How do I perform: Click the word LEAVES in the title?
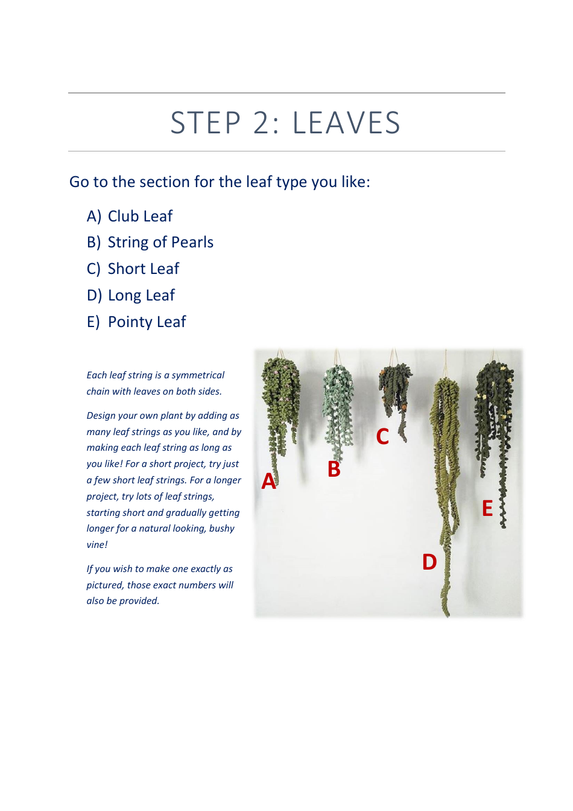coord(346,123)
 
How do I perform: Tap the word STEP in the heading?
coord(206,123)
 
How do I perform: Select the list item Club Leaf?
coord(140,216)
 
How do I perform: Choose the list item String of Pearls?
coord(160,242)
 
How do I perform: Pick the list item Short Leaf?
coord(144,269)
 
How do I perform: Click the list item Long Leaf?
coord(141,295)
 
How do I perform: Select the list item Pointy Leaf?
coord(147,322)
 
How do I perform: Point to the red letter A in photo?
coord(268,481)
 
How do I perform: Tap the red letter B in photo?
coord(334,469)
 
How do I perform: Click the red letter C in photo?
coord(382,436)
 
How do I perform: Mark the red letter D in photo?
coord(429,562)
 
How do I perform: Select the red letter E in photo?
coord(487,509)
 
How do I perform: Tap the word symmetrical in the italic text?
coord(198,375)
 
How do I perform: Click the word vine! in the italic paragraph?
coord(97,544)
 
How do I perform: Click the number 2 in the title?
coord(262,123)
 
